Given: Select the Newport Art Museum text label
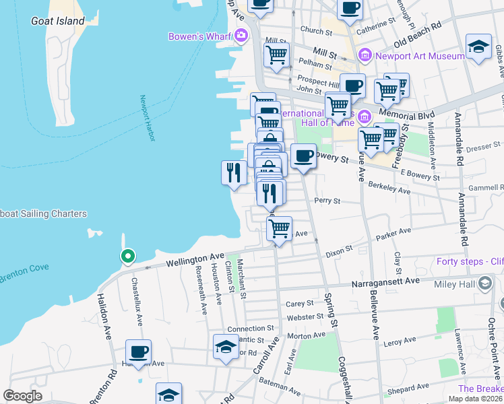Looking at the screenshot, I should (x=421, y=55).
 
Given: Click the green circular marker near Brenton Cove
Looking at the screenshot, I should (x=127, y=256).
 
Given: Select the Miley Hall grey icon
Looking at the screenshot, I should (x=483, y=285).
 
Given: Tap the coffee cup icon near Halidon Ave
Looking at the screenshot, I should (x=139, y=351).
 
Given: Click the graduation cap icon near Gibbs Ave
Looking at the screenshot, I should (x=478, y=46).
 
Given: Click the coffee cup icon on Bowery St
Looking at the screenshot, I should (x=304, y=156).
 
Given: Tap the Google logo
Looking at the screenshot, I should (x=22, y=396).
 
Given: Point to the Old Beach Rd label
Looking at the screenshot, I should (x=417, y=32).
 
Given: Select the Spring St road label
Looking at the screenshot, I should (x=331, y=307).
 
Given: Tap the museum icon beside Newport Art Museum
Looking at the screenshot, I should (x=365, y=55).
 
